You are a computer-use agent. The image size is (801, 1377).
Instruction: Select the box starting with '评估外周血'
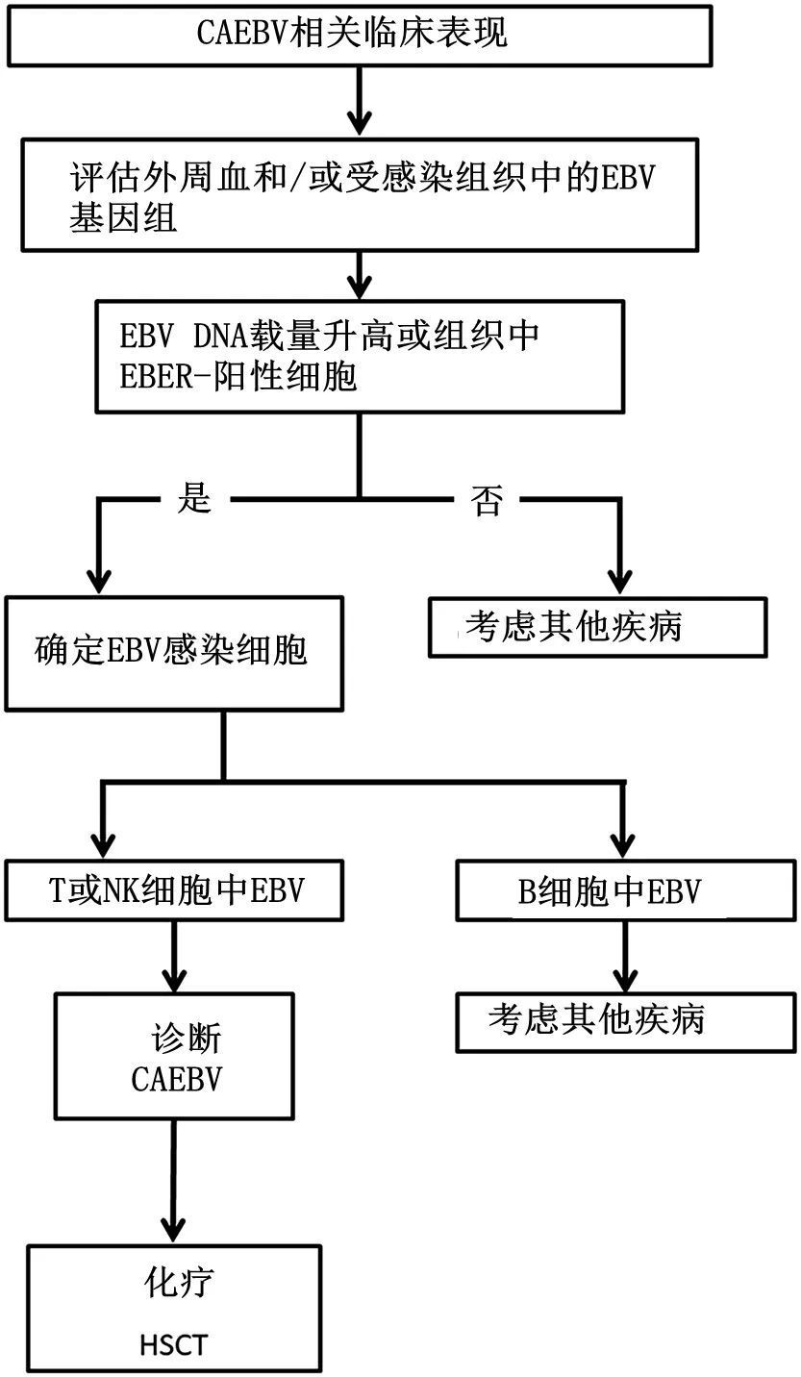(x=362, y=195)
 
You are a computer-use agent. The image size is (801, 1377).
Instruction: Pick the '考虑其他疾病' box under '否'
(x=597, y=627)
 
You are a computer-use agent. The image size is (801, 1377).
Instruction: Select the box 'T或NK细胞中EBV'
(x=174, y=890)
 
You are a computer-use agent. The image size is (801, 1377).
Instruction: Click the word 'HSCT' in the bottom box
(x=173, y=1342)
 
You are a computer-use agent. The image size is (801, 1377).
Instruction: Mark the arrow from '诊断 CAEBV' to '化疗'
(x=174, y=1183)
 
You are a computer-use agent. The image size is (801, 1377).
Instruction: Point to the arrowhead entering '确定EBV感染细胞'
(x=98, y=582)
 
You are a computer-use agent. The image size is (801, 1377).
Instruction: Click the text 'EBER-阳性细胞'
(x=238, y=377)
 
